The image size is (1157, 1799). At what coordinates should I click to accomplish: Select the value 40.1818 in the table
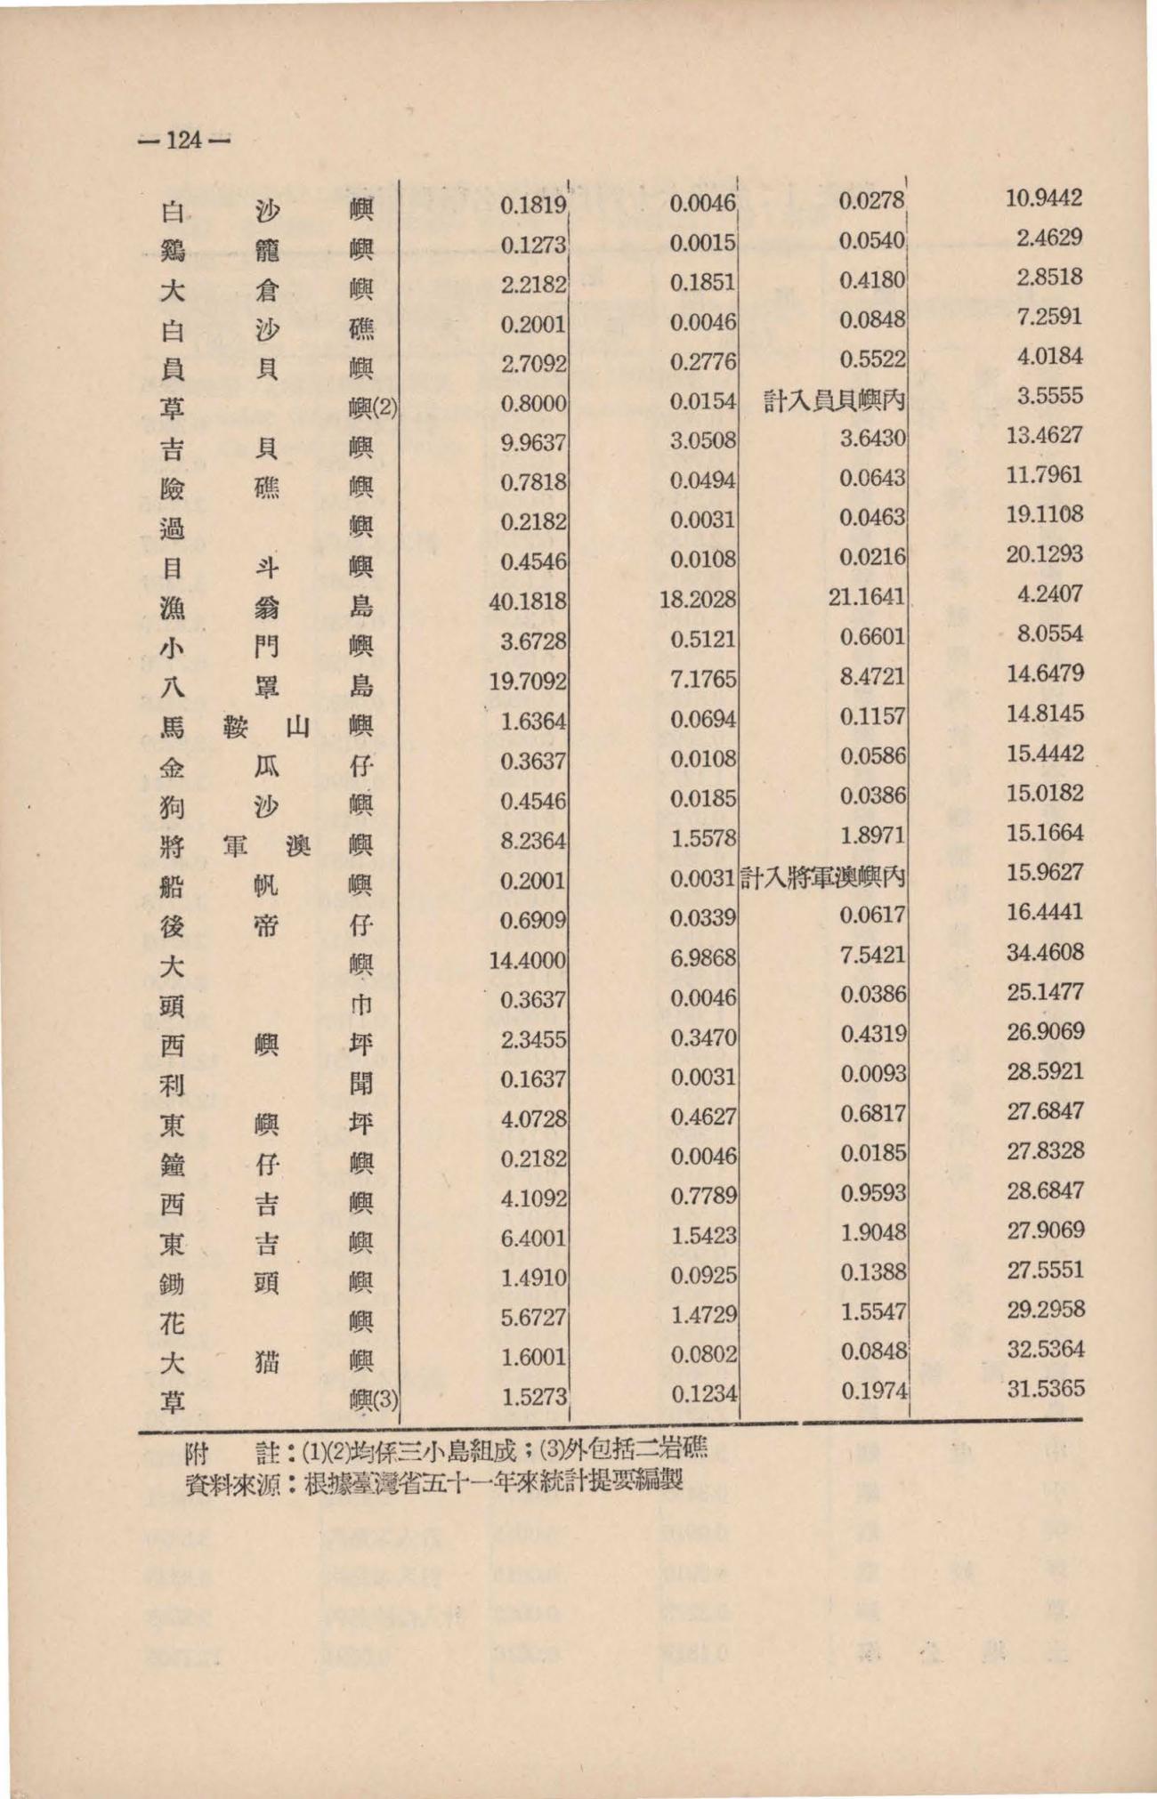[528, 601]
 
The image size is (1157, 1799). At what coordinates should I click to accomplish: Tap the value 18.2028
[698, 599]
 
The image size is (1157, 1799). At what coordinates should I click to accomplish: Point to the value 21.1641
[866, 595]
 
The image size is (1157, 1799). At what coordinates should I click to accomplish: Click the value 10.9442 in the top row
[1044, 198]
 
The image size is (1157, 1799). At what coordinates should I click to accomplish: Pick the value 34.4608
[1045, 952]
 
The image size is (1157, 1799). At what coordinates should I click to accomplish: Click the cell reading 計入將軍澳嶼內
[823, 877]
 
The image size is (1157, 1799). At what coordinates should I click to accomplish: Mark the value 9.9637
[533, 442]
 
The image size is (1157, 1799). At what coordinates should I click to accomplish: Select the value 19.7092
[528, 682]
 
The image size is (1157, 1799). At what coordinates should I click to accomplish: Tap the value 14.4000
[528, 960]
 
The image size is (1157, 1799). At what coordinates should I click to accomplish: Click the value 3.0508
[703, 440]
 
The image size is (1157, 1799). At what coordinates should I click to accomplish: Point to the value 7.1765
[703, 679]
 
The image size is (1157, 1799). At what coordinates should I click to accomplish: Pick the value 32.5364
[1045, 1349]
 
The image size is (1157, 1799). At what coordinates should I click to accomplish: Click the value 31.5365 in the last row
[1045, 1389]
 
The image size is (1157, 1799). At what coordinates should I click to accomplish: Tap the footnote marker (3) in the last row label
[384, 1401]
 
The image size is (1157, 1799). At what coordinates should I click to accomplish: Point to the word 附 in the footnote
[196, 1456]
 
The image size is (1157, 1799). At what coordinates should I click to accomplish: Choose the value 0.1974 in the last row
[873, 1391]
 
